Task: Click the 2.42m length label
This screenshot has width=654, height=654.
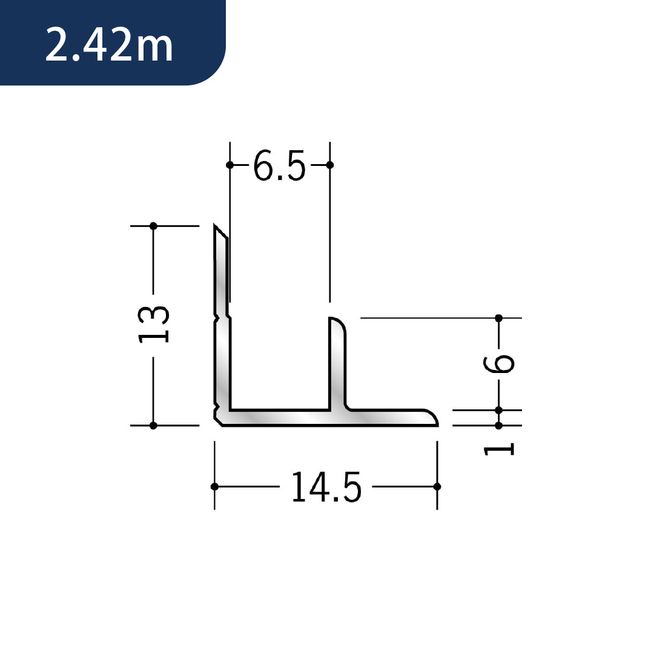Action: (109, 45)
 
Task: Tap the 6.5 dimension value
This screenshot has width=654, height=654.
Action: (279, 165)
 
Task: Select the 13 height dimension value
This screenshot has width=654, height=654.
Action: (154, 324)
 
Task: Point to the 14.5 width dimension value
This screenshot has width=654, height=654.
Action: (326, 487)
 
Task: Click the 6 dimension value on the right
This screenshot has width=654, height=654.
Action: (499, 364)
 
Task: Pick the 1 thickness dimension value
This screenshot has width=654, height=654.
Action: (499, 449)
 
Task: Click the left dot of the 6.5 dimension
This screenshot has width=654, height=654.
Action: (230, 165)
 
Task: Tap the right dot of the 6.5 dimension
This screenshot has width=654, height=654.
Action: (329, 165)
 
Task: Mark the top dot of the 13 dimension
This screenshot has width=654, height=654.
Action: (153, 226)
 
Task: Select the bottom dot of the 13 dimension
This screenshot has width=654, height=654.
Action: (153, 426)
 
